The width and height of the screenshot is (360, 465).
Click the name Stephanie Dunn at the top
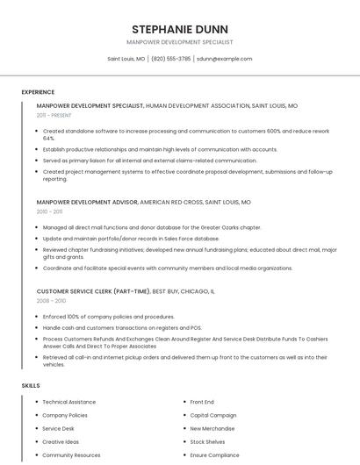179,28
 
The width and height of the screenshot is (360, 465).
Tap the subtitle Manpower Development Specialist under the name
179,42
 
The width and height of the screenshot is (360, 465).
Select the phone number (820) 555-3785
170,59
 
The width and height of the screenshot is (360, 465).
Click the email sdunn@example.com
224,59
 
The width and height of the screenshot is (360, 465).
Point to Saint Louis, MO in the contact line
126,59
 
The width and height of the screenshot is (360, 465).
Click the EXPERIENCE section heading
38,92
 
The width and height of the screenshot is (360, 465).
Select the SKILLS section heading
31,385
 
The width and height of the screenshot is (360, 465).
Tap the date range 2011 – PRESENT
54,115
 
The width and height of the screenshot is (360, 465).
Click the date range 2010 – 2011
49,211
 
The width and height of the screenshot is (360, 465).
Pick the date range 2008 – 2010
51,300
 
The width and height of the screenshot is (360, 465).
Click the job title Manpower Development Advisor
87,202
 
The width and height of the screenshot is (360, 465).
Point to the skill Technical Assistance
69,402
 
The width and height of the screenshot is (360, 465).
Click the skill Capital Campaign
213,415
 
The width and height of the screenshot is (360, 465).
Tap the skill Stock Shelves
208,442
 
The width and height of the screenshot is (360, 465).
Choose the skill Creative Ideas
61,442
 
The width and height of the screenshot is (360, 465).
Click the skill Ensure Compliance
215,455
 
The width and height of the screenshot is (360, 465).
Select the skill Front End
202,402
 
